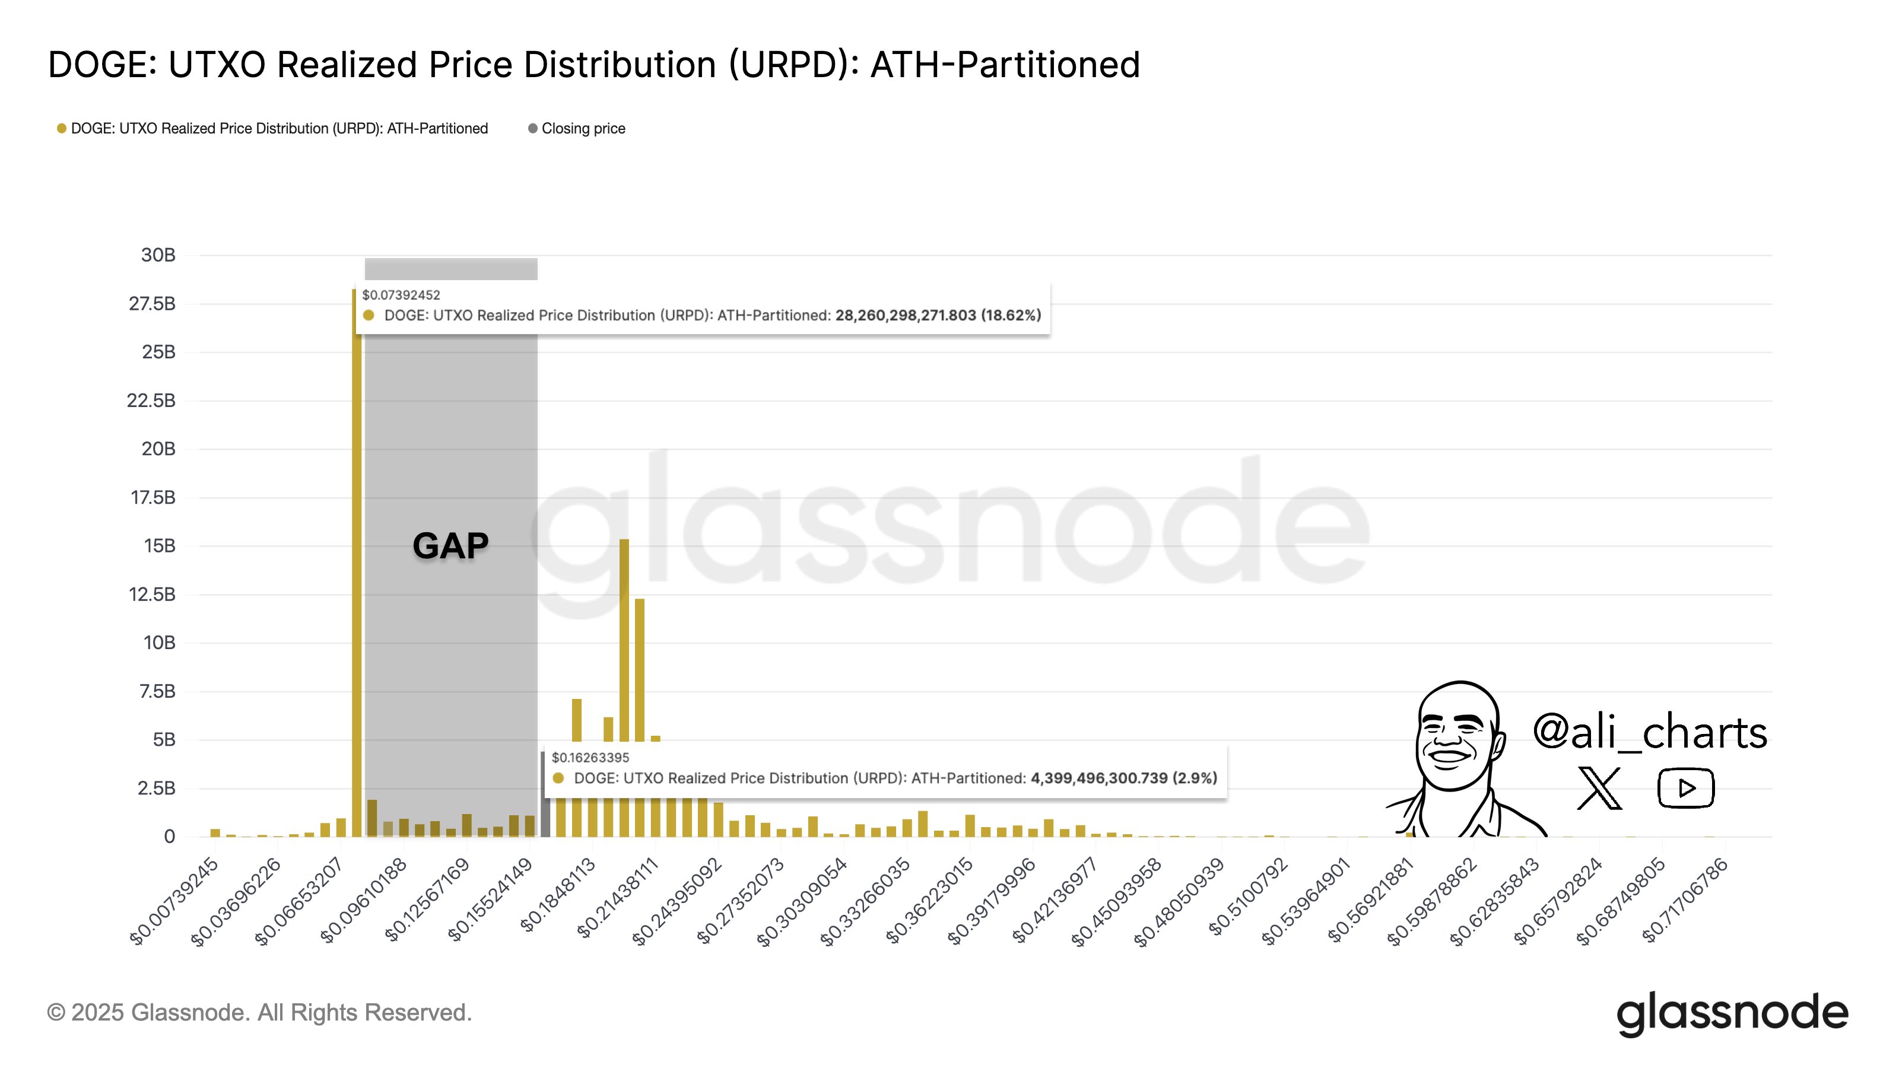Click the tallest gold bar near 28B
point(357,560)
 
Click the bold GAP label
point(450,546)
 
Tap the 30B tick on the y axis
point(158,255)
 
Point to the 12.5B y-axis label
point(152,594)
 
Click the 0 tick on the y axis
point(170,837)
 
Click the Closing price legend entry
point(582,128)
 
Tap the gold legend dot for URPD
point(62,128)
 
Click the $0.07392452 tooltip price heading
point(401,295)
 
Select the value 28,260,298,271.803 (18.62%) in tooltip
point(938,316)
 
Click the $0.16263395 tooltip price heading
point(590,758)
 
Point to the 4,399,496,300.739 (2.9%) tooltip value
point(1123,778)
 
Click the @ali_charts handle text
point(1650,733)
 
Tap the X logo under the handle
point(1599,788)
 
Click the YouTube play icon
point(1686,788)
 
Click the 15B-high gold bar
point(624,663)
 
